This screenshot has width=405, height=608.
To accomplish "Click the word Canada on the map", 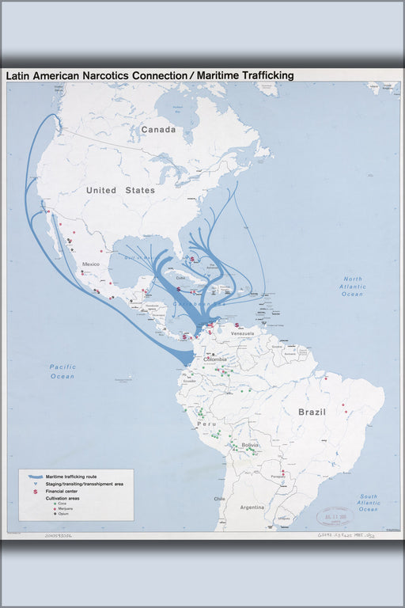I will tap(158, 129).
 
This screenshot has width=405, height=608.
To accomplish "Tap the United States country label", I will tap(120, 190).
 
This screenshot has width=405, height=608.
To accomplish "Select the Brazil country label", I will tap(312, 412).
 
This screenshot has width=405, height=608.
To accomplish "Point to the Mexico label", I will tap(92, 264).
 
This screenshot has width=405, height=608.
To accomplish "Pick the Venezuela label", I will tap(242, 333).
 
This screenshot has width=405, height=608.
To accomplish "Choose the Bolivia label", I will tap(250, 446).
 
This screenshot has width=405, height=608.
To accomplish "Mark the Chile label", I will tap(219, 499).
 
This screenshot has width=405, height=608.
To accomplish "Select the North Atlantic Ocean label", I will tap(352, 287).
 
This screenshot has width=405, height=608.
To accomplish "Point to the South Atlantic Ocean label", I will tap(368, 503).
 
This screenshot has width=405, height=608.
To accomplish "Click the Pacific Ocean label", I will tap(62, 371).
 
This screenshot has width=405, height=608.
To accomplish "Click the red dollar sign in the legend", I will tap(35, 492).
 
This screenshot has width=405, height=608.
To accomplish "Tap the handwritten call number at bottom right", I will tap(353, 536).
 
